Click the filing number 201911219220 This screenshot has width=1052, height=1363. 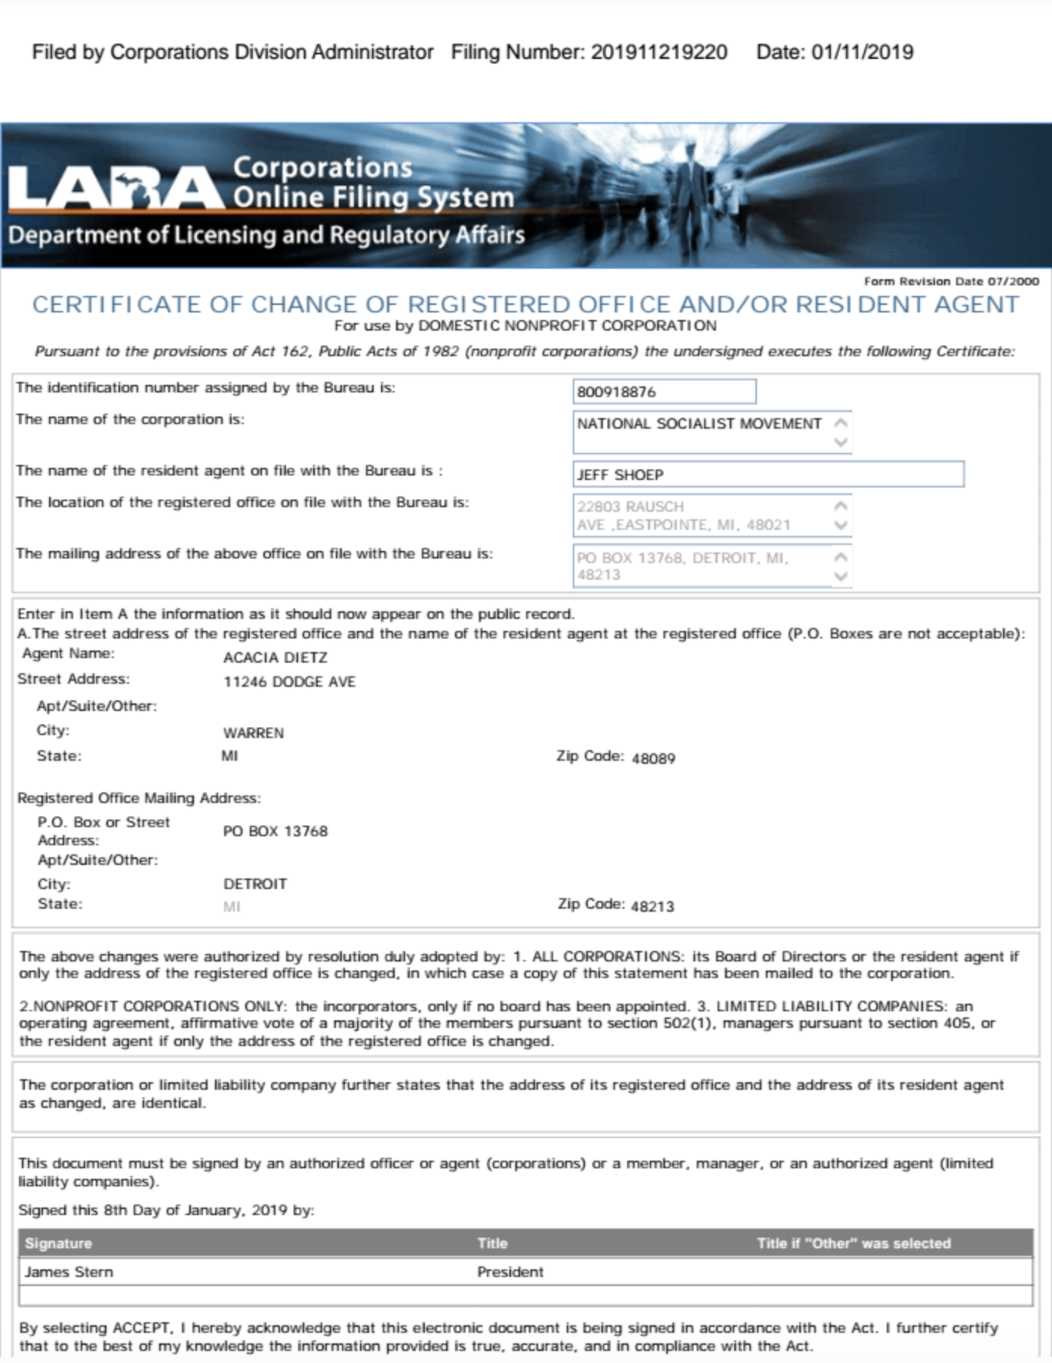[x=659, y=52]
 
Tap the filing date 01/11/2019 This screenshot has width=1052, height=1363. [x=862, y=52]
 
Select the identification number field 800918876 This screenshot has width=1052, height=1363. [x=663, y=392]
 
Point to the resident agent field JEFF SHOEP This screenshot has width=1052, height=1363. [x=767, y=475]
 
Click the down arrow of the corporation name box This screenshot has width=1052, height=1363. [x=841, y=442]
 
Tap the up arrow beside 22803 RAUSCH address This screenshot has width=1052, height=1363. [x=841, y=506]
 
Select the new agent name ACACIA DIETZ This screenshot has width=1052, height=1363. [x=275, y=657]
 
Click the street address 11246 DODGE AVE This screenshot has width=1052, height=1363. [x=289, y=682]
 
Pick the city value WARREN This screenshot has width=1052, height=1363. [x=254, y=733]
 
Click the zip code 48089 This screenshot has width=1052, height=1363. [x=654, y=758]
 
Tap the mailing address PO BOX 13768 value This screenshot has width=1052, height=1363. [x=275, y=831]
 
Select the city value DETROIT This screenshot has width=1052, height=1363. [x=255, y=884]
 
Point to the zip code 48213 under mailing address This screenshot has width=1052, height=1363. [x=652, y=906]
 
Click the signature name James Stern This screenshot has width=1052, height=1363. [x=69, y=1272]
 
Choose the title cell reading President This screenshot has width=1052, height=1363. [x=510, y=1272]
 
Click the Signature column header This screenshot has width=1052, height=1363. [x=58, y=1243]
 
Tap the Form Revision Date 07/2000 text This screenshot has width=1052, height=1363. [x=951, y=282]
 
